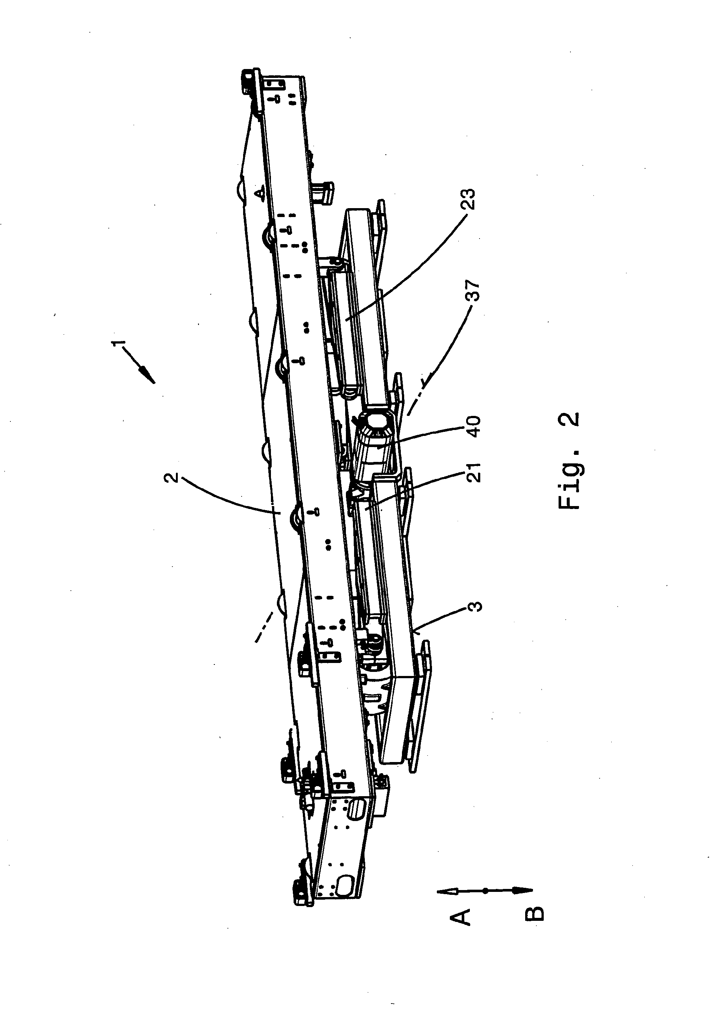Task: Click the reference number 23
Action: [x=468, y=200]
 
